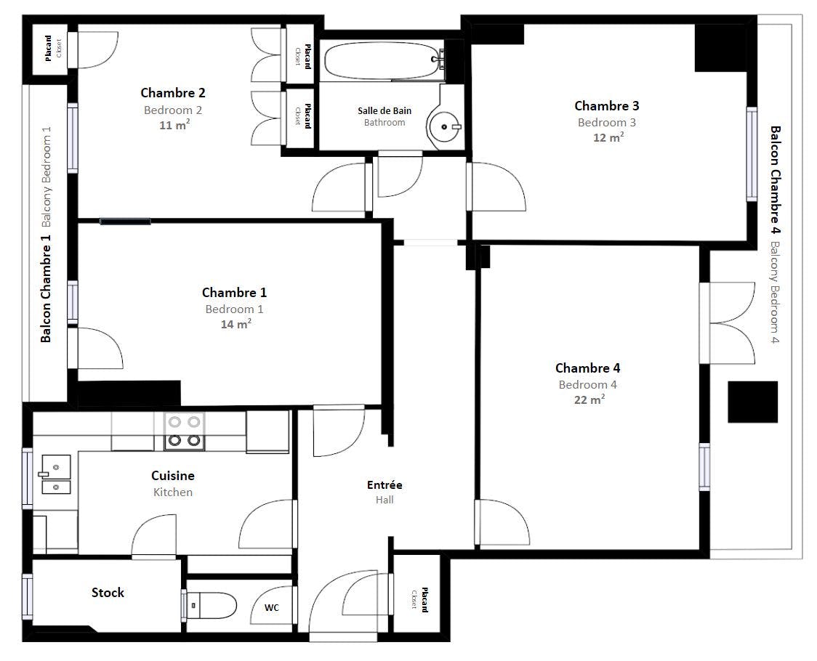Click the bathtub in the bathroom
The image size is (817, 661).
tap(383, 60)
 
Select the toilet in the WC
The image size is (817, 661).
tap(211, 605)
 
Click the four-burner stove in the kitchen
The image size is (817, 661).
tap(185, 431)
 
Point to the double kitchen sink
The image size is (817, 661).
tap(55, 474)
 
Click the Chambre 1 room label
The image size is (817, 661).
tap(235, 292)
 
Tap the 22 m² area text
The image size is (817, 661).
tap(589, 400)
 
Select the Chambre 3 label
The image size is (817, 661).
tap(607, 106)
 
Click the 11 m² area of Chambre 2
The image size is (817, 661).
tap(174, 125)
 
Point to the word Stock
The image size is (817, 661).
tap(108, 592)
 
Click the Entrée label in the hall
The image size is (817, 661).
tap(385, 485)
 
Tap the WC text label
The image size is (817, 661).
tap(271, 607)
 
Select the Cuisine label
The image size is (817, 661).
tap(173, 476)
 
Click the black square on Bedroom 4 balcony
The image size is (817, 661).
tap(753, 402)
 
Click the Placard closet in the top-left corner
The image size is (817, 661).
tap(50, 49)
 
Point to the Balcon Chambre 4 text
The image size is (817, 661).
tap(776, 180)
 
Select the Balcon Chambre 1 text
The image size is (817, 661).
tap(46, 288)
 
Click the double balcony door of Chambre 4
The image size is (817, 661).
tap(728, 323)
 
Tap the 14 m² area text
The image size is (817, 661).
tap(236, 324)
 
